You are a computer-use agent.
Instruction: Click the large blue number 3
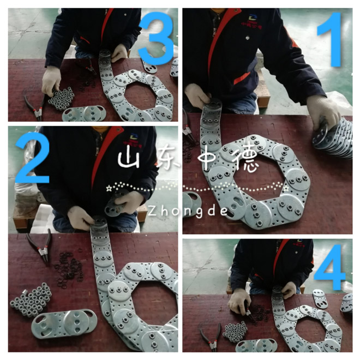point(156,38)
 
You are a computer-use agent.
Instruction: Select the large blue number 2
point(32,158)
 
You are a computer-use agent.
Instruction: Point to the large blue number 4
point(329,268)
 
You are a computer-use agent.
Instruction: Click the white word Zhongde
point(188,211)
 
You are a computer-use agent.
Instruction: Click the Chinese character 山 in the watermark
point(129,159)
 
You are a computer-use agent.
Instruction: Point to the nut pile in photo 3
point(62,98)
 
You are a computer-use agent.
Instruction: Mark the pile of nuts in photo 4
point(235,331)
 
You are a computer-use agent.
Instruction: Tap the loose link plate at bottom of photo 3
point(84,113)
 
